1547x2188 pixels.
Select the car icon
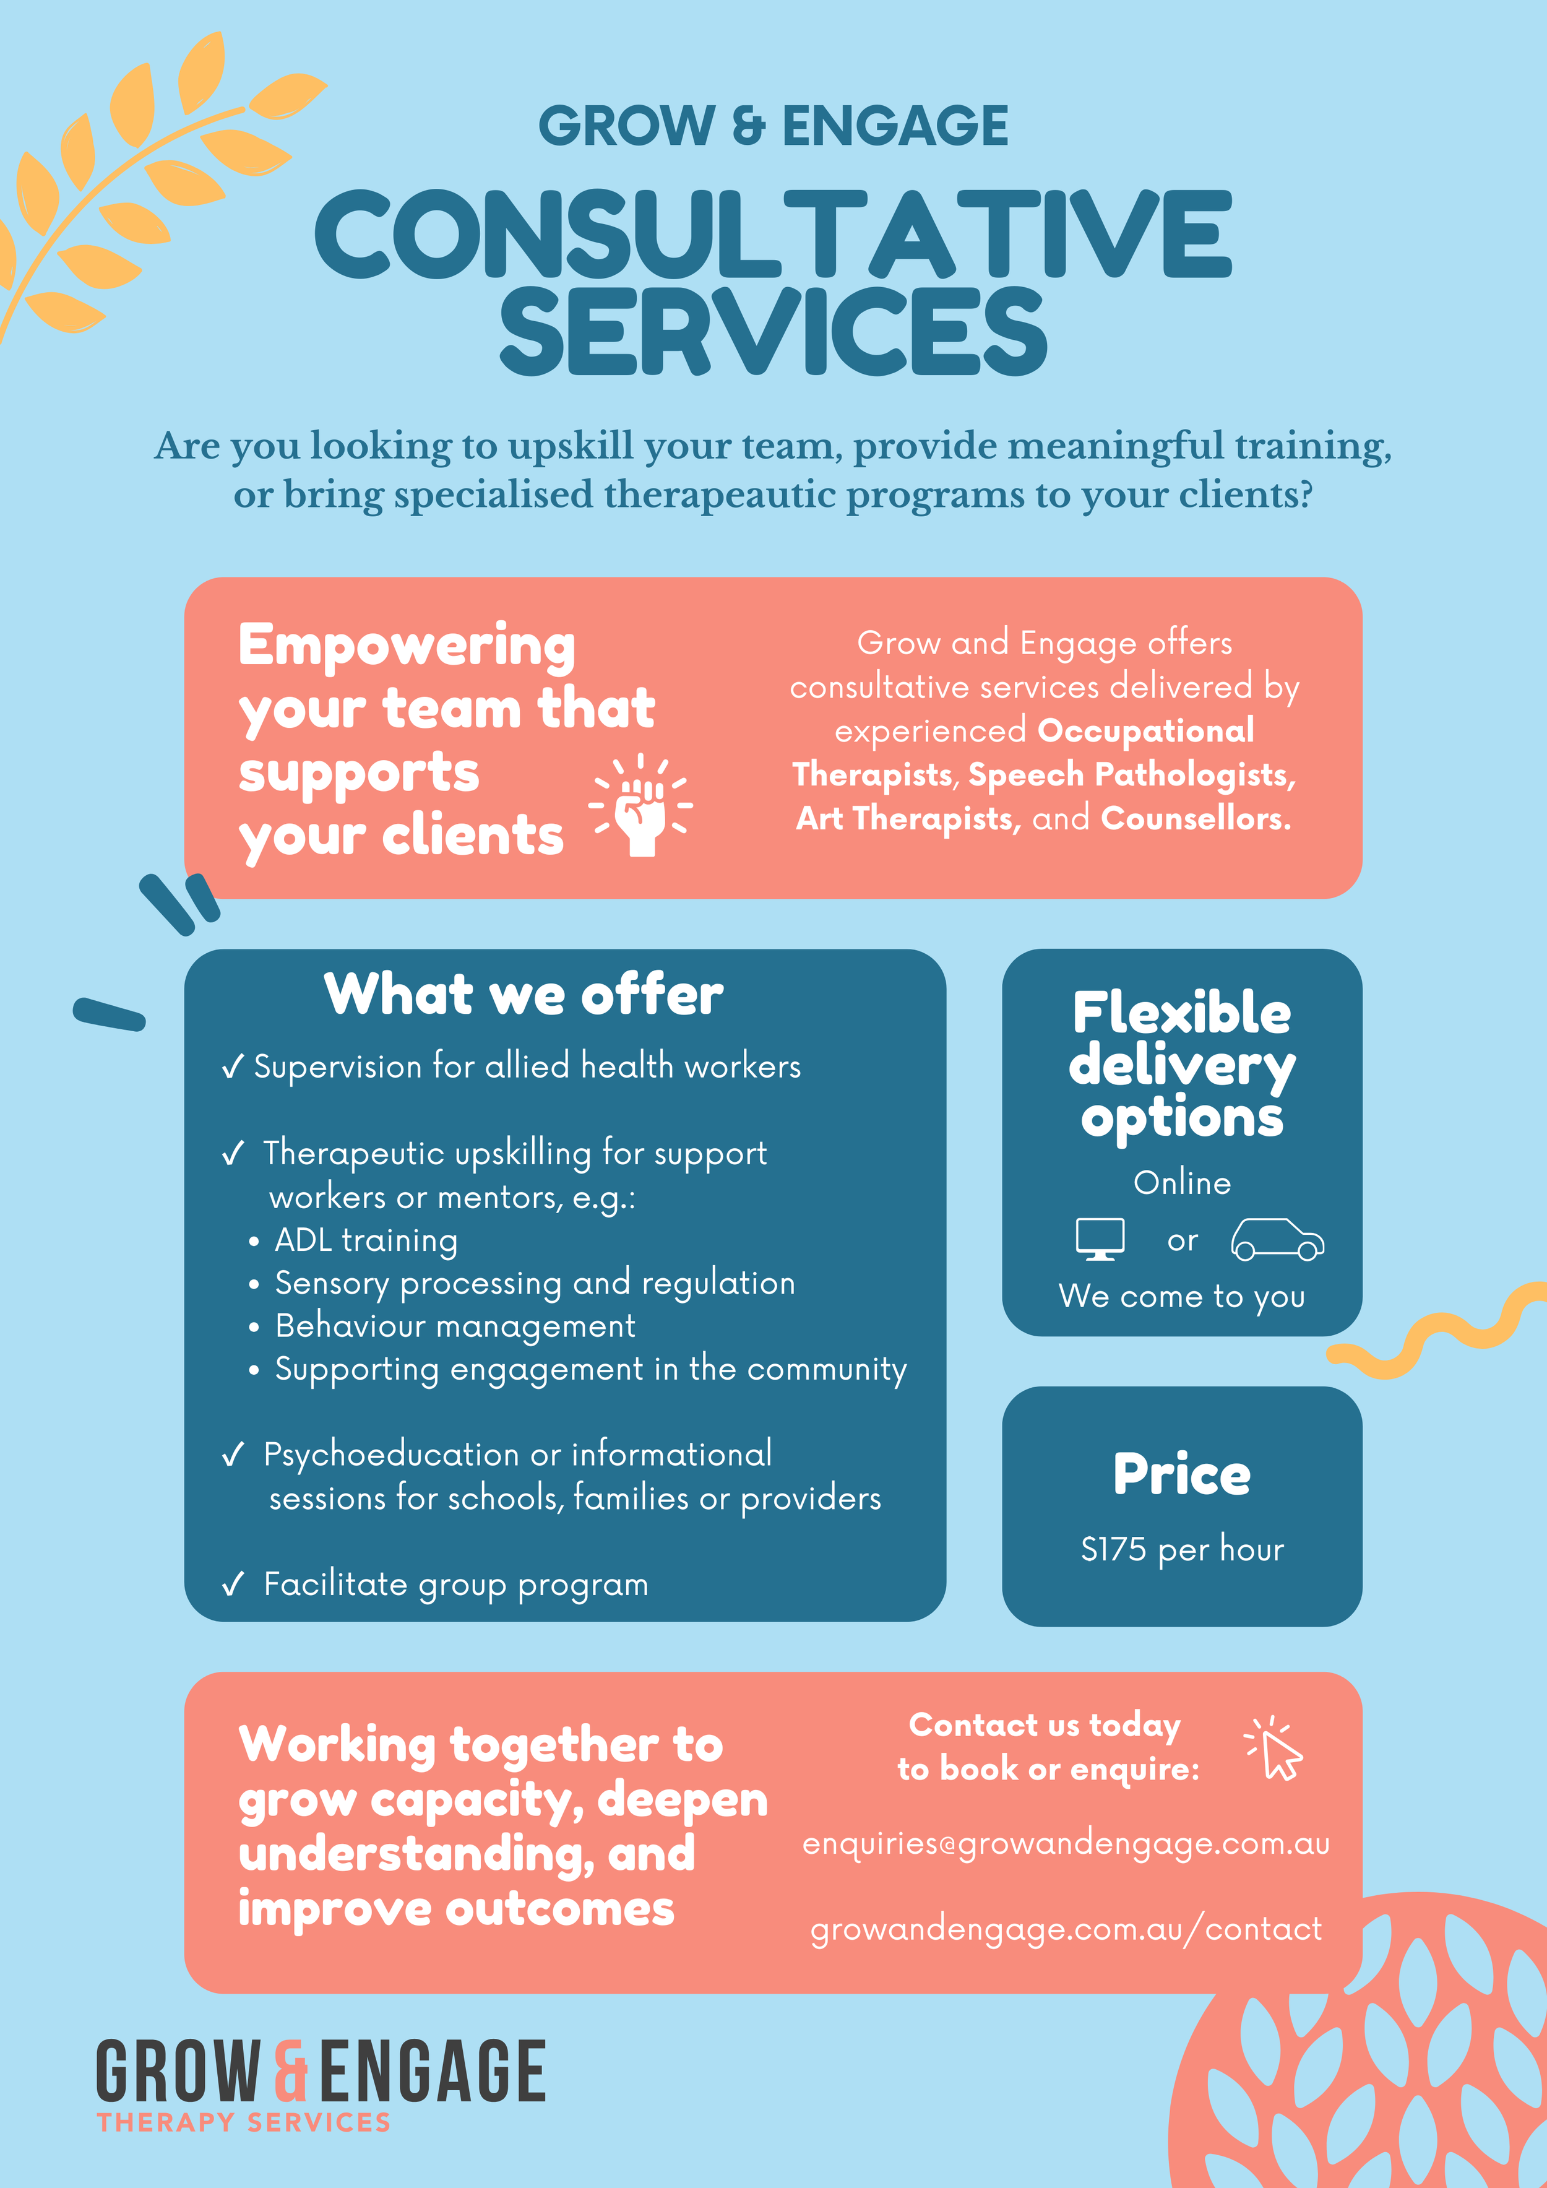pyautogui.click(x=1277, y=1239)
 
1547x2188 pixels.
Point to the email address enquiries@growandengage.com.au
pyautogui.click(x=1065, y=1843)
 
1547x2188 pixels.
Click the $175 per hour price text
pyautogui.click(x=1181, y=1549)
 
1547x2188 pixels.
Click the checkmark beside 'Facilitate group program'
pyautogui.click(x=233, y=1584)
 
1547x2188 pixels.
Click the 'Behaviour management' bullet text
pyautogui.click(x=454, y=1326)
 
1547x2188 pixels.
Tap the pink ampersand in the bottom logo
pyautogui.click(x=291, y=2070)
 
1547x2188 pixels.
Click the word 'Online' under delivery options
pyautogui.click(x=1181, y=1183)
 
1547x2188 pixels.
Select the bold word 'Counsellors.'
pyautogui.click(x=1196, y=818)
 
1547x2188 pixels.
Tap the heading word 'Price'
pyautogui.click(x=1181, y=1474)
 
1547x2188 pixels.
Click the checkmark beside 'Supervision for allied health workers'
pyautogui.click(x=233, y=1067)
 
